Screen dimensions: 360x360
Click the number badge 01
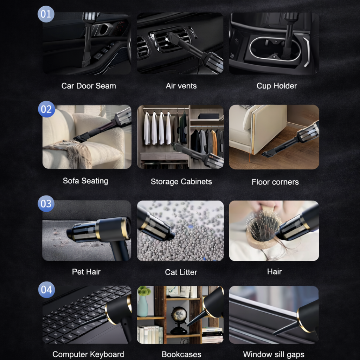tap(46, 14)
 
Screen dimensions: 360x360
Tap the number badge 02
tap(46, 109)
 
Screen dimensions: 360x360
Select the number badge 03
tap(46, 204)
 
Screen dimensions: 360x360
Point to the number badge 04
tap(46, 290)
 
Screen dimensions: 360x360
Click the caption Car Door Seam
tap(89, 86)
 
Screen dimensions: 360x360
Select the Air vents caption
tap(181, 86)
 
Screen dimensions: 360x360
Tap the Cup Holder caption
tap(277, 86)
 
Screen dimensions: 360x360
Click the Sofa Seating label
tap(85, 181)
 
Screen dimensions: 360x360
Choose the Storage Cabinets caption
tap(181, 182)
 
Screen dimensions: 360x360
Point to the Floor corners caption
tap(275, 182)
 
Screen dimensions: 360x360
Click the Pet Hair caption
tap(86, 272)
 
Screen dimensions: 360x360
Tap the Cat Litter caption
tap(181, 272)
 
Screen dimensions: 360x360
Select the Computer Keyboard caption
tap(88, 354)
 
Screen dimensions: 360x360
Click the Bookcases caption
tap(181, 354)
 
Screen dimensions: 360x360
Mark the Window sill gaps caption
tap(274, 354)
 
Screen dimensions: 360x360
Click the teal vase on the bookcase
tap(143, 306)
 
